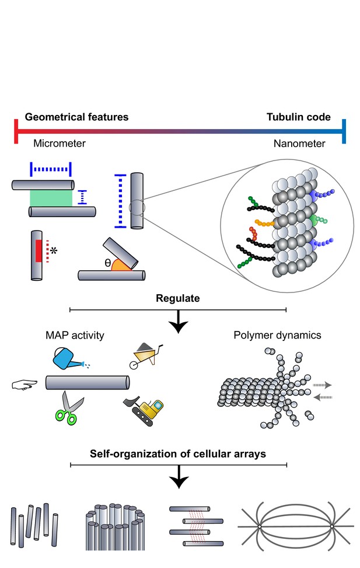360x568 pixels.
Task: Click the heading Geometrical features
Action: point(76,117)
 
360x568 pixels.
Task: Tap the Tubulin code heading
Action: point(298,117)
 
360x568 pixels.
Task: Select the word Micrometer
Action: point(60,144)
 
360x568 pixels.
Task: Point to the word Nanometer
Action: point(299,144)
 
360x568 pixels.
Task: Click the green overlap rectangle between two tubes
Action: point(51,198)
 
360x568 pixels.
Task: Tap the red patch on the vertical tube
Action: point(39,250)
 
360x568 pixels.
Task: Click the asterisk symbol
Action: point(54,250)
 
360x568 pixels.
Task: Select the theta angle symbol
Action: point(107,263)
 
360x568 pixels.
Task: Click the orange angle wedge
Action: point(120,266)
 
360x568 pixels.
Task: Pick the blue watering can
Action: point(68,358)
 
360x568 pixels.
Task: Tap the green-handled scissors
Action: point(69,408)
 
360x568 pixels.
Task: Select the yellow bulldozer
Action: point(144,410)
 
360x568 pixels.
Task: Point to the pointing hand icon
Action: point(25,384)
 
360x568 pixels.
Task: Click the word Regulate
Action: point(178,298)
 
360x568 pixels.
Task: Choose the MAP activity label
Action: point(75,336)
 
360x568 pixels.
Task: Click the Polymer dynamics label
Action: point(277,336)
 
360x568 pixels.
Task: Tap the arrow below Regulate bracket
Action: point(179,322)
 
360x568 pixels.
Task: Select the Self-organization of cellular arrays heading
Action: point(178,454)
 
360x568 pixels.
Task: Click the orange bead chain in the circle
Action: point(265,223)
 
